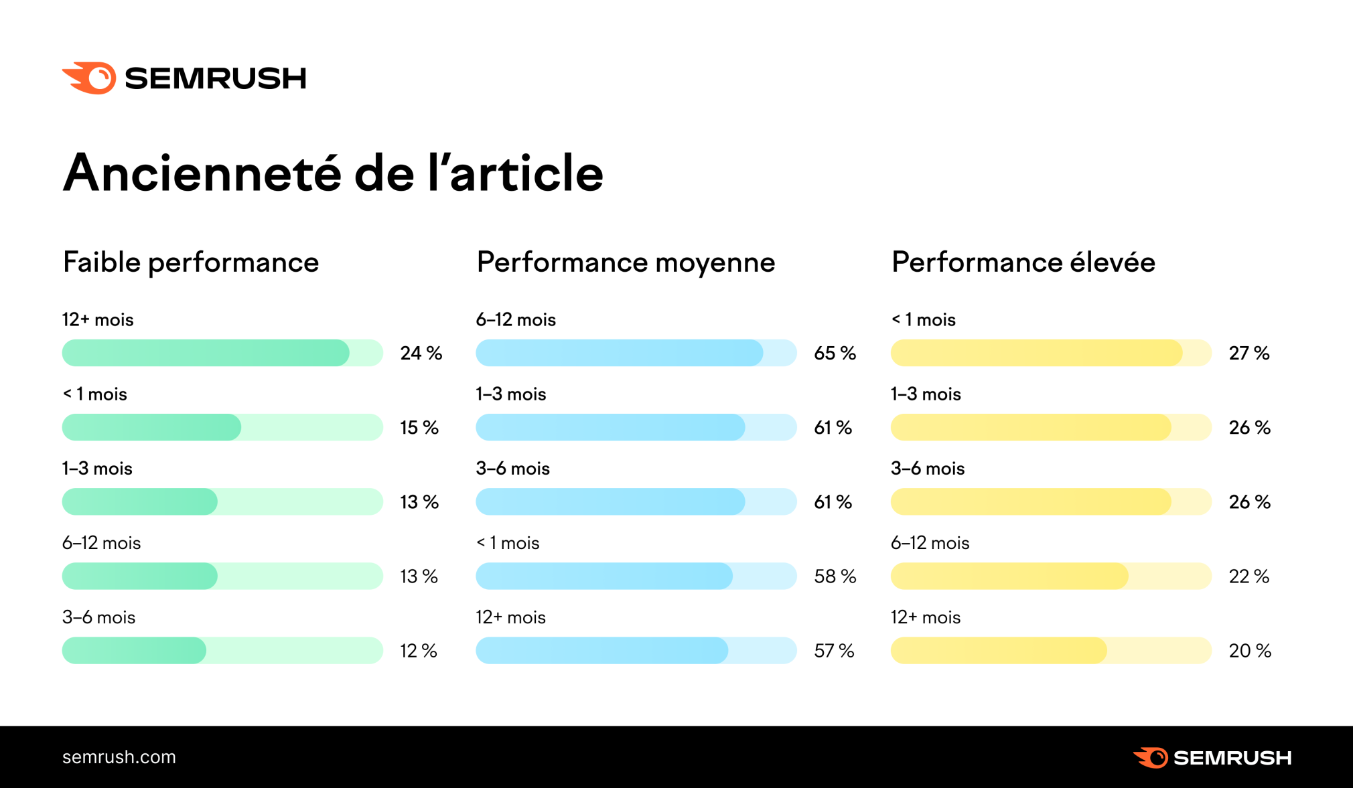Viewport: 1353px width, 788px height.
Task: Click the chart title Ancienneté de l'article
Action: coord(333,173)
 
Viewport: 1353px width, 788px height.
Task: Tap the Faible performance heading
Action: coord(191,262)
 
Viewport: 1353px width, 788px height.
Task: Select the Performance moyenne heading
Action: coord(626,262)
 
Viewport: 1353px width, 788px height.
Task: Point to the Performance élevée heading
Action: coord(1023,262)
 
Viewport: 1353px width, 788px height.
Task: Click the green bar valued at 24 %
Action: coord(206,353)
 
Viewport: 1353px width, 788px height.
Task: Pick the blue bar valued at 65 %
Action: coord(619,353)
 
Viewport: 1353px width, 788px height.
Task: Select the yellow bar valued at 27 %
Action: coord(1036,353)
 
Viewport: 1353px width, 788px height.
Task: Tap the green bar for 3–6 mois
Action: coord(134,650)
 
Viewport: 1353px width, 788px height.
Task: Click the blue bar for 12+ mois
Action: coord(601,650)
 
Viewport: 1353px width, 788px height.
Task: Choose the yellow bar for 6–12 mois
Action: coord(1009,576)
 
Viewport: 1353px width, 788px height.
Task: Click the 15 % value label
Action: coord(419,428)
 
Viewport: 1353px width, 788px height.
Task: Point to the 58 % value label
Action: coord(835,576)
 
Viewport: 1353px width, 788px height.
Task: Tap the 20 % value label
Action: coord(1249,651)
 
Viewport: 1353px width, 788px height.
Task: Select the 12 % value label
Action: coord(419,651)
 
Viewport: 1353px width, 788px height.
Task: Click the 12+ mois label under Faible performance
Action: coord(98,320)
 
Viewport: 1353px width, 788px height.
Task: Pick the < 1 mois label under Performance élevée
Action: coord(923,320)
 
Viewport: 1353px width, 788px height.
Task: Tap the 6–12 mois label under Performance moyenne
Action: coord(516,320)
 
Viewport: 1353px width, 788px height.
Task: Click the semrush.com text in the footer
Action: coord(119,757)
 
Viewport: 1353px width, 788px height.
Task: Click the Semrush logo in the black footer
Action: coord(1212,757)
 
